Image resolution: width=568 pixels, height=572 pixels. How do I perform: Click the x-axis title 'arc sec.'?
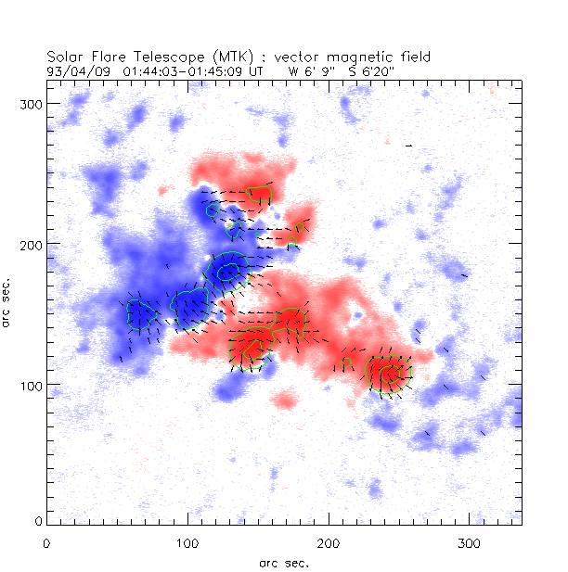[x=284, y=562]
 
